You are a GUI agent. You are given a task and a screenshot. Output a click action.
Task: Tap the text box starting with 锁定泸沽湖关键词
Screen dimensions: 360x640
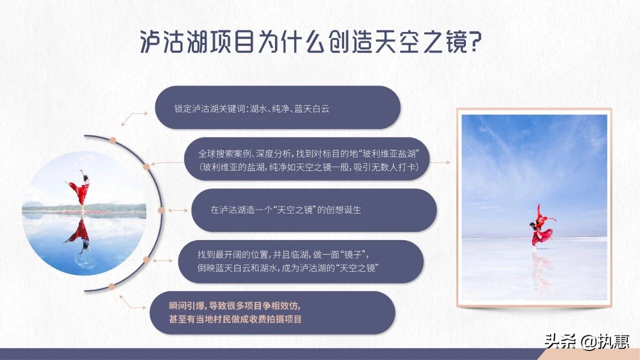tap(277, 107)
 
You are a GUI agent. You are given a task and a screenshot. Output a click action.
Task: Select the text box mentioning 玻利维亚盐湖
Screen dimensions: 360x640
tap(307, 159)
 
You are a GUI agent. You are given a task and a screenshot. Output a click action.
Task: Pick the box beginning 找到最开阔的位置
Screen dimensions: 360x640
tap(300, 261)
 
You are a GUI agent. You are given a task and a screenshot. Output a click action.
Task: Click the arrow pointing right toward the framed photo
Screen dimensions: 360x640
tap(440, 162)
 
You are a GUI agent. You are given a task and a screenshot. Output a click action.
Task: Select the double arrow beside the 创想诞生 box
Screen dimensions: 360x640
tap(178, 210)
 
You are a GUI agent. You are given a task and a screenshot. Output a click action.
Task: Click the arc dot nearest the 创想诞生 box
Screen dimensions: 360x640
tap(161, 210)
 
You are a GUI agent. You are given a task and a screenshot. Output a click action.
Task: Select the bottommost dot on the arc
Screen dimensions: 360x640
tap(111, 285)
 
